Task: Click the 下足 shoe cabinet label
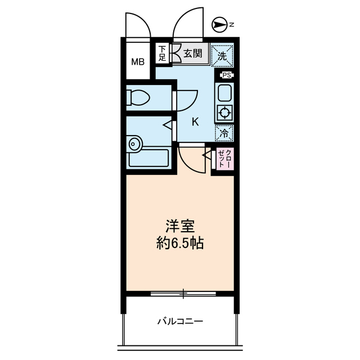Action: pyautogui.click(x=162, y=53)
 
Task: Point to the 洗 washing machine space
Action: pyautogui.click(x=223, y=55)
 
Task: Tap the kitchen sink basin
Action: pyautogui.click(x=224, y=92)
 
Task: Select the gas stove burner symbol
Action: pyautogui.click(x=224, y=112)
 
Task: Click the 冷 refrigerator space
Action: pyautogui.click(x=224, y=133)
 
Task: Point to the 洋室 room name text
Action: pyautogui.click(x=180, y=226)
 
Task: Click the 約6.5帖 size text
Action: pyautogui.click(x=180, y=244)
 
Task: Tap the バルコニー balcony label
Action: pyautogui.click(x=180, y=322)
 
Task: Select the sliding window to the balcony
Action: pyautogui.click(x=183, y=293)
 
